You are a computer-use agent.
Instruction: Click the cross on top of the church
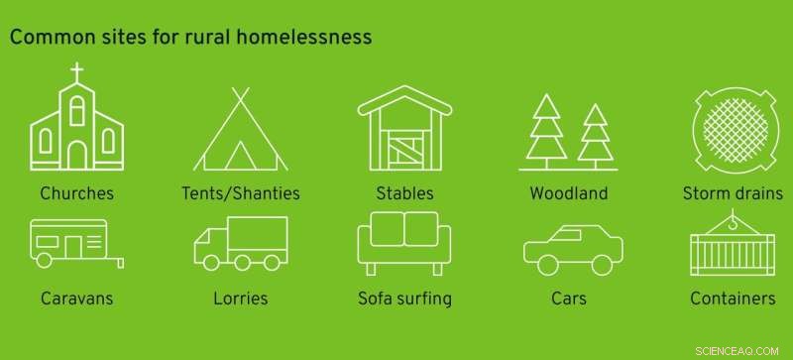coord(77,72)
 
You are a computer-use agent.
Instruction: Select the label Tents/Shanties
coord(241,192)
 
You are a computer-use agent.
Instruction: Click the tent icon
coord(241,132)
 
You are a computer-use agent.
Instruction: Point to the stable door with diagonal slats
coord(403,151)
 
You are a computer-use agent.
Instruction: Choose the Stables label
coord(403,192)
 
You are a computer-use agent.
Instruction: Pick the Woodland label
coord(568,192)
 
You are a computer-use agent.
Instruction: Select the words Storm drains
coord(733,192)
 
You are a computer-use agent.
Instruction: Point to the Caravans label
coord(77,298)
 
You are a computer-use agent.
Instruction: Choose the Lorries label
coord(241,298)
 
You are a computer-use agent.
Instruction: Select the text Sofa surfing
coord(403,298)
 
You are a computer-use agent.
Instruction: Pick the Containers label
coord(733,298)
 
